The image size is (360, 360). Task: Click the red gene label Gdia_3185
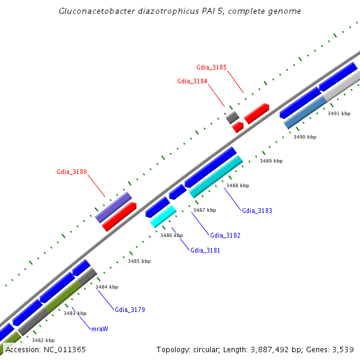coord(211,67)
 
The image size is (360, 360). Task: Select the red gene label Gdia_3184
coord(192,81)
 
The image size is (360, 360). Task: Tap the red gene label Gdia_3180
coord(72,172)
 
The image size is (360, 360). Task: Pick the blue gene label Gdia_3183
coord(257,211)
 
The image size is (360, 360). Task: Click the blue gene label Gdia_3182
coord(225,235)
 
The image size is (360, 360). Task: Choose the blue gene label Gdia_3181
coord(205,250)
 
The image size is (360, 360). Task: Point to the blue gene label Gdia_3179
coord(130,310)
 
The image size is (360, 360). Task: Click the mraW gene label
coord(99,329)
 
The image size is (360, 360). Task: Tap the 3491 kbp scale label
coord(338,113)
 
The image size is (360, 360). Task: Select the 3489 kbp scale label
coord(271,161)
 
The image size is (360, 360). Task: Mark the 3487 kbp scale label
coord(204,210)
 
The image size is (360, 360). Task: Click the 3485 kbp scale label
coord(139,261)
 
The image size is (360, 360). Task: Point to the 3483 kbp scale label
coord(75,313)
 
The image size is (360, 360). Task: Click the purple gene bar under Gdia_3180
coord(113,208)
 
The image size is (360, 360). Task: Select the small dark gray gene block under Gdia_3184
coord(232,117)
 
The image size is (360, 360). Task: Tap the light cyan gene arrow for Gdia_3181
coord(163,216)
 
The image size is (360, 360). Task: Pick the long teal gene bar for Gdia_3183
coord(216,176)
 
